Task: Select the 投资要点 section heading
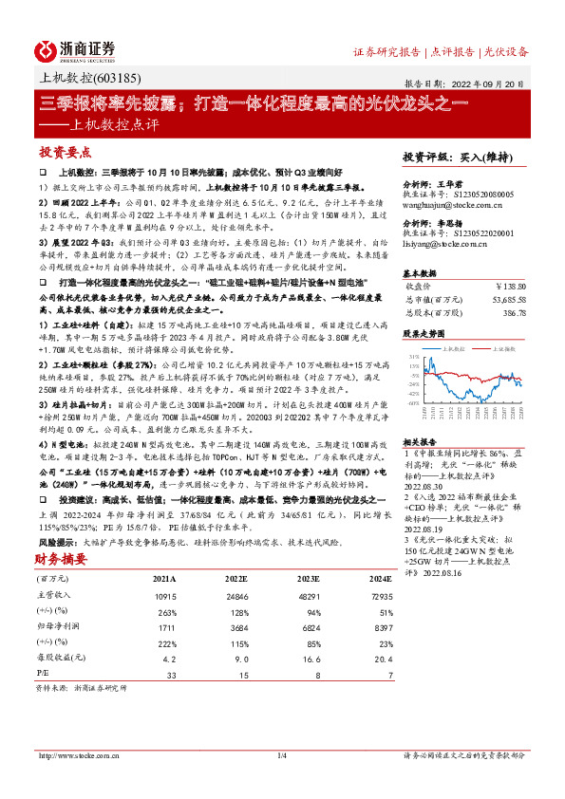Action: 65,152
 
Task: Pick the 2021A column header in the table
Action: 163,550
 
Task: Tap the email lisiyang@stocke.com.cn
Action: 443,244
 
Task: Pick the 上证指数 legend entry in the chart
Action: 499,347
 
